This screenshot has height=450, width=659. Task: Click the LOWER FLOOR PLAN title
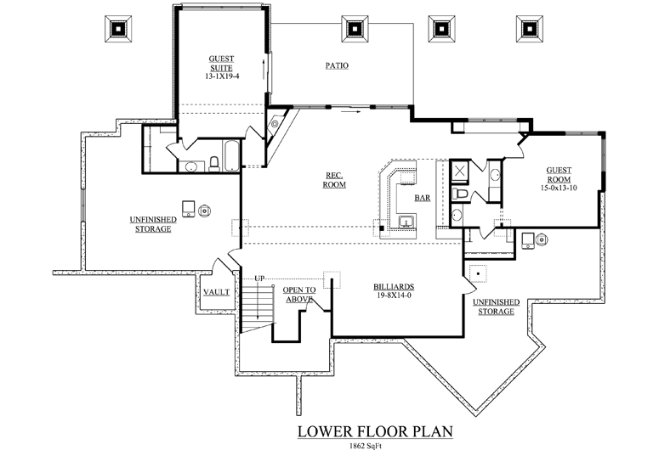tap(375, 431)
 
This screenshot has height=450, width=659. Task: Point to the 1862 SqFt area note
tap(366, 446)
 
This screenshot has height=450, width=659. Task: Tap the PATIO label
tap(337, 65)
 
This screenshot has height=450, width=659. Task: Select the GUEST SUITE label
tap(221, 64)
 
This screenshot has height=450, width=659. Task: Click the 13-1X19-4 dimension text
tap(222, 76)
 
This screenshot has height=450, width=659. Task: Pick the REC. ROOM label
tap(334, 180)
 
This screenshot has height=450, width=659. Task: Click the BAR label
tap(423, 198)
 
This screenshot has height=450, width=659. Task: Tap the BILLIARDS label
tap(394, 287)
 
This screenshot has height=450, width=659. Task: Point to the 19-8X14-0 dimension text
tap(394, 295)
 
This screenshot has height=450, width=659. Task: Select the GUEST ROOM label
tap(559, 175)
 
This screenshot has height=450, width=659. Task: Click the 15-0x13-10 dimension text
tap(559, 188)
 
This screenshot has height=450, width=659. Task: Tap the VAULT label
tap(217, 292)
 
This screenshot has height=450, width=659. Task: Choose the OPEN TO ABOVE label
tap(299, 295)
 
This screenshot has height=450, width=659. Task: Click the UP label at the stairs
tap(259, 278)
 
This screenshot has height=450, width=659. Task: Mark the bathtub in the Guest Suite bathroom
tap(231, 156)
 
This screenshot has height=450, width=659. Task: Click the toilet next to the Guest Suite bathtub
tap(214, 165)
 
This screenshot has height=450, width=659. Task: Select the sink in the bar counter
tap(406, 221)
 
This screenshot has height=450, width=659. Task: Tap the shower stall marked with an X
tap(460, 171)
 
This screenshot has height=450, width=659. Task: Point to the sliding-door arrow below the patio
tap(350, 112)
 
